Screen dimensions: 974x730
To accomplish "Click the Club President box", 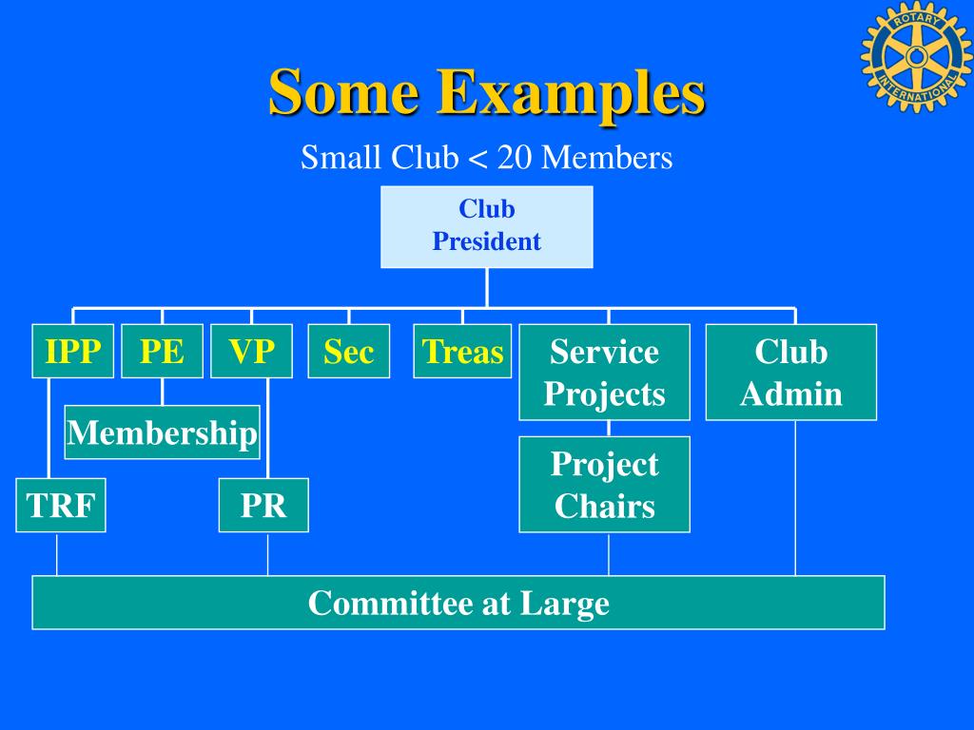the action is pos(486,226).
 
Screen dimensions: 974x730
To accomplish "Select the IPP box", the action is pos(72,351).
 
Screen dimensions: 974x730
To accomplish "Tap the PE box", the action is pos(162,351).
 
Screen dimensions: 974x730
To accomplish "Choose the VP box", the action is pos(251,351).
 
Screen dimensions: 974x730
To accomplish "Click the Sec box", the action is pos(348,351).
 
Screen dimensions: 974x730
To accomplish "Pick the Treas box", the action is pos(462,351).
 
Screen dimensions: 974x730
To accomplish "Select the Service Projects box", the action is pos(604,372).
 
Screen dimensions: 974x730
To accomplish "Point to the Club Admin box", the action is pos(791,372).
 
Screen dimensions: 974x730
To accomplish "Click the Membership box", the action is pos(162,432).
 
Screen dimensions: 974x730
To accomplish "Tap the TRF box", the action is pos(61,505).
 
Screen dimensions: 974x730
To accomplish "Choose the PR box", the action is pos(263,505).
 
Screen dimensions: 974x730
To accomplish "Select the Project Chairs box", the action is pos(604,484).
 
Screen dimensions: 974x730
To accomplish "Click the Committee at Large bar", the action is pos(458,602).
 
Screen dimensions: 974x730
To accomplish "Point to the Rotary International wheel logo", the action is pos(917,56).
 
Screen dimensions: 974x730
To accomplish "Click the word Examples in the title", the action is pos(571,92).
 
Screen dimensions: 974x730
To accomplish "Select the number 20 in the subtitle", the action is pos(515,157).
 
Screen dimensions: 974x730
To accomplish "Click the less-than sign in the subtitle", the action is pos(477,159).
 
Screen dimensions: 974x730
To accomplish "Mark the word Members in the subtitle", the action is pos(607,157).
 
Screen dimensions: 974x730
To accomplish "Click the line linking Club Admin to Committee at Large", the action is pos(796,498).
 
